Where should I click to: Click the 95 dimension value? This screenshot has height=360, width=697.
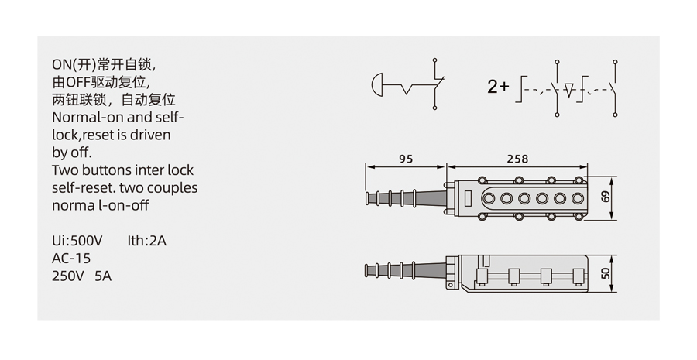pyautogui.click(x=406, y=159)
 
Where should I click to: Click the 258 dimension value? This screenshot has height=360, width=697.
pyautogui.click(x=517, y=159)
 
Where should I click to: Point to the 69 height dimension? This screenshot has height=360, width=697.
pyautogui.click(x=606, y=197)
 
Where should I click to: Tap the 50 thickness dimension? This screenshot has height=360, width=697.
pyautogui.click(x=606, y=273)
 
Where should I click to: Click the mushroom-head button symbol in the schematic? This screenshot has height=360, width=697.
pyautogui.click(x=376, y=84)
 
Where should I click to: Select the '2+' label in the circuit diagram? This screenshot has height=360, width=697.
pyautogui.click(x=498, y=87)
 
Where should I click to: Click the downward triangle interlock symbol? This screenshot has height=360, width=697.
pyautogui.click(x=569, y=90)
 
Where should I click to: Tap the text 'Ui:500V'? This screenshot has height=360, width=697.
pyautogui.click(x=77, y=241)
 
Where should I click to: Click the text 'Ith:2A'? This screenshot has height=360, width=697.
pyautogui.click(x=146, y=241)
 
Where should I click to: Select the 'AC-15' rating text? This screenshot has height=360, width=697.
pyautogui.click(x=71, y=259)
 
